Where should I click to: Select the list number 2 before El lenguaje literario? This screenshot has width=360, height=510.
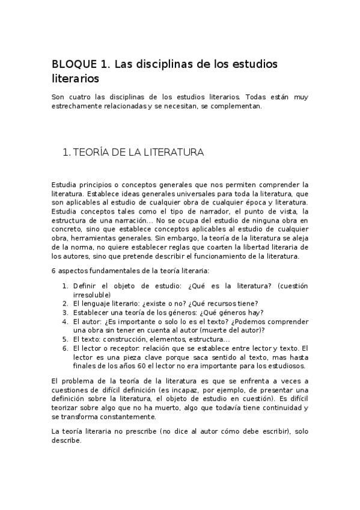click(x=66, y=303)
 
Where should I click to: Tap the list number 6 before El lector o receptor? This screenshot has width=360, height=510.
click(x=66, y=348)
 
